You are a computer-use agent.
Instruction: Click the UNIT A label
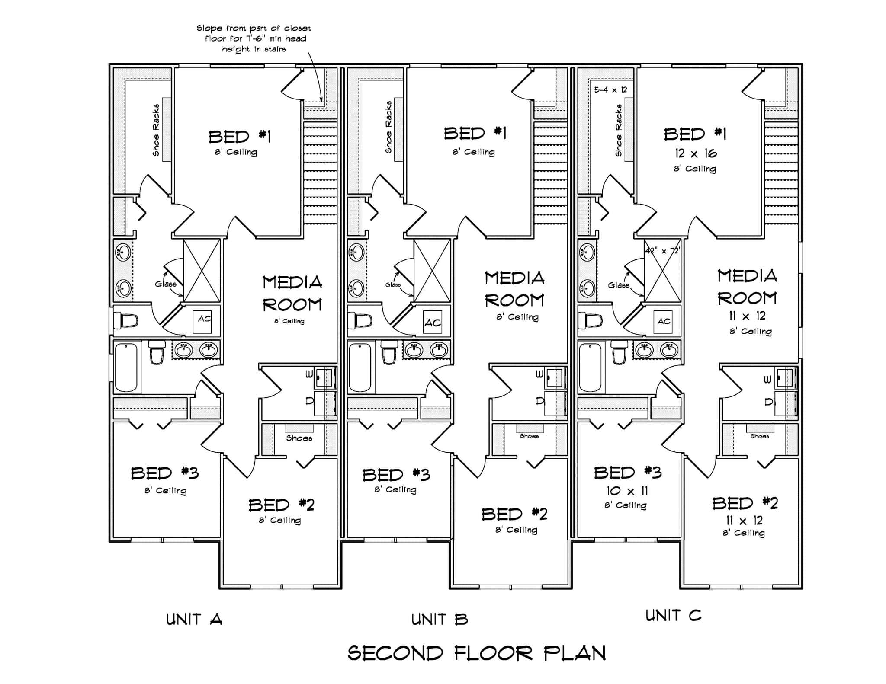click(194, 619)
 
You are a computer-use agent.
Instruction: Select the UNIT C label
click(673, 615)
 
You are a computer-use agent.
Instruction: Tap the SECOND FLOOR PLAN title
click(476, 653)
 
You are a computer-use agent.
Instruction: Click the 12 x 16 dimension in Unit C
click(695, 153)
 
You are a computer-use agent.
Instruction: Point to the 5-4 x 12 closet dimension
click(610, 90)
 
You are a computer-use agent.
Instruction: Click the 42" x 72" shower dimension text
click(662, 251)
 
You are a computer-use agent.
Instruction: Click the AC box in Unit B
click(432, 322)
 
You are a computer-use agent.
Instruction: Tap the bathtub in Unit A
click(126, 367)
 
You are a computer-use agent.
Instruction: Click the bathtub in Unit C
click(590, 367)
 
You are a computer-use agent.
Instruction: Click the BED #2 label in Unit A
click(281, 505)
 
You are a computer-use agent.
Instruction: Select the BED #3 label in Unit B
click(396, 475)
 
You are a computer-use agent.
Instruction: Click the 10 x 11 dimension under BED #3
click(626, 491)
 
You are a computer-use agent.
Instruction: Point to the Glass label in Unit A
click(165, 284)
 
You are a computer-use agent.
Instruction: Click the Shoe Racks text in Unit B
click(388, 127)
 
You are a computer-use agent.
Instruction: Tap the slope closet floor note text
click(254, 38)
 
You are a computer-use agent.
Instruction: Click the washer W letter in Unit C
click(767, 380)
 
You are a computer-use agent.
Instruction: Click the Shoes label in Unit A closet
click(299, 438)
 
